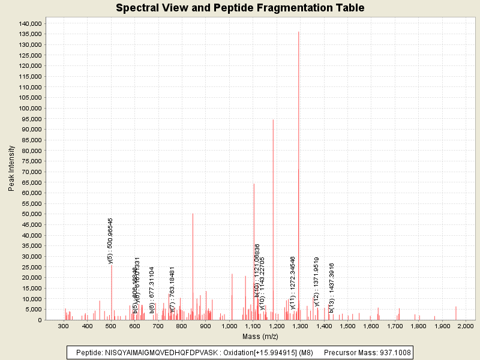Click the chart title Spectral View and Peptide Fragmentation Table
click(x=240, y=8)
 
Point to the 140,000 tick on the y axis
click(x=29, y=23)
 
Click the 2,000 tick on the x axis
click(x=465, y=326)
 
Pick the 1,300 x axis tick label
click(x=299, y=326)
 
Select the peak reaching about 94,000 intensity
click(x=273, y=180)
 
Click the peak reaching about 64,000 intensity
click(x=254, y=240)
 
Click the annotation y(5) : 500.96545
click(x=110, y=241)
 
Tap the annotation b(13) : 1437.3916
click(x=331, y=287)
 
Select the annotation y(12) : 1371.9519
click(x=316, y=281)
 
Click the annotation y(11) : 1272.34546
click(x=293, y=283)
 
